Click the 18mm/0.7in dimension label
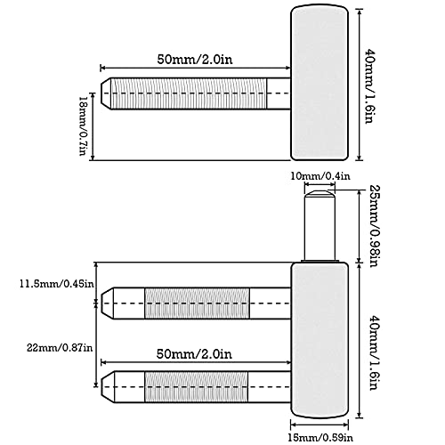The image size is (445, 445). [x=83, y=125]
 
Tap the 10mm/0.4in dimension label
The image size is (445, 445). [x=320, y=176]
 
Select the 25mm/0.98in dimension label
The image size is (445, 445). [x=375, y=226]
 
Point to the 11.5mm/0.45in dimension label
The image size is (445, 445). [x=57, y=284]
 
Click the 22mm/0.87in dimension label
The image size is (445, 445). [x=60, y=347]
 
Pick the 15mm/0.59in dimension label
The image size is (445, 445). [x=320, y=437]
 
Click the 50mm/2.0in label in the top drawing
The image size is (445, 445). [x=195, y=60]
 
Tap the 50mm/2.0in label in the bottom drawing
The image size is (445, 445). [x=194, y=354]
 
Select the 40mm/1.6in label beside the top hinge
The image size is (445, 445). [x=370, y=85]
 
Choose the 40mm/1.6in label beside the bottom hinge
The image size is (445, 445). [x=375, y=352]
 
